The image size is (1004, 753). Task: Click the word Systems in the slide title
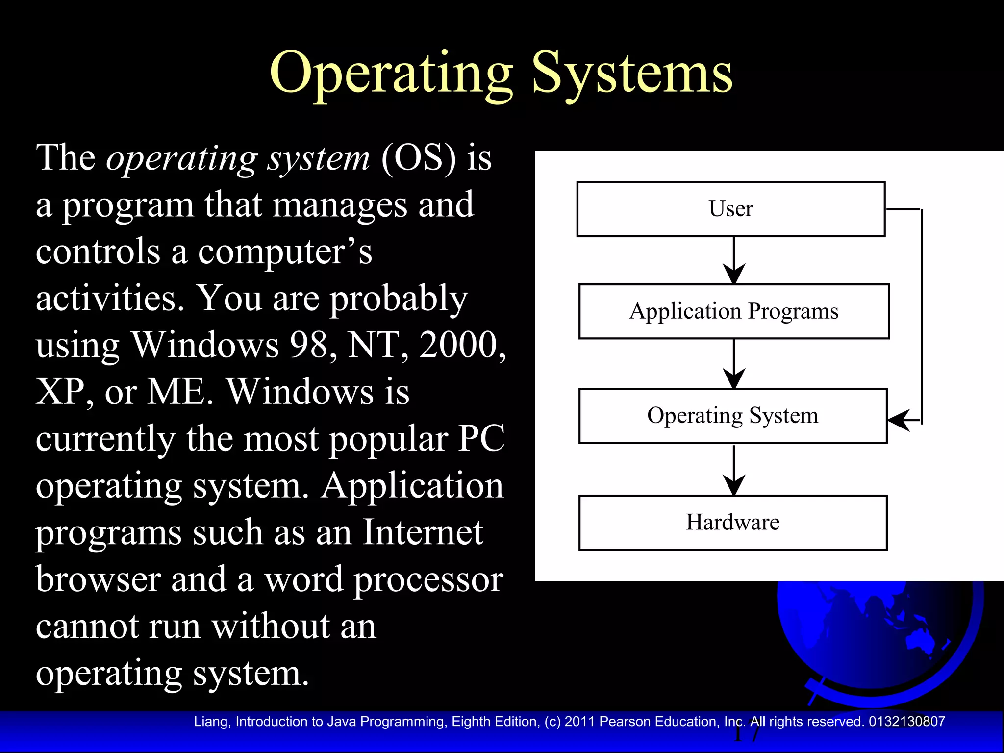tap(632, 74)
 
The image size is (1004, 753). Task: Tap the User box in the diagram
tap(730, 209)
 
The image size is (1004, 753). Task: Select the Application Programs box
tap(733, 311)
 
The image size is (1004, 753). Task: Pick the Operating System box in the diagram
tap(732, 416)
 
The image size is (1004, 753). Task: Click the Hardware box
tap(732, 522)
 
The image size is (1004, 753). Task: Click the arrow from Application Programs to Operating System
tap(734, 364)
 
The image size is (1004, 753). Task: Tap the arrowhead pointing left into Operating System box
tap(900, 420)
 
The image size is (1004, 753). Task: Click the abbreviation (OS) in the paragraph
tap(418, 158)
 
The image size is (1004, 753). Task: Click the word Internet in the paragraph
tap(423, 532)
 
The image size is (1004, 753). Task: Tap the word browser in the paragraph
tap(98, 579)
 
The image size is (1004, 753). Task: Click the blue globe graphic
tap(878, 637)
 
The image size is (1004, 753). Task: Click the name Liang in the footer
tap(211, 722)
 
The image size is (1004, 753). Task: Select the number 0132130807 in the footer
tap(906, 722)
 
